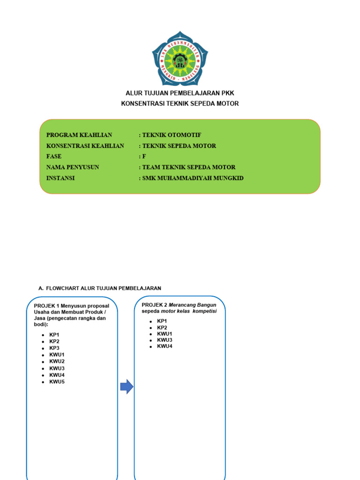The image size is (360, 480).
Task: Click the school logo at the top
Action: tap(180, 59)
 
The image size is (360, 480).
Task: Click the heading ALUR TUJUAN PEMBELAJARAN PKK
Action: tap(180, 93)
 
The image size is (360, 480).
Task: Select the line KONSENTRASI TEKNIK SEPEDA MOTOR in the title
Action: tap(180, 104)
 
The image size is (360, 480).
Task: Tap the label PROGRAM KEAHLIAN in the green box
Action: tap(79, 135)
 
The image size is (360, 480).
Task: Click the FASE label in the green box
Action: tap(54, 157)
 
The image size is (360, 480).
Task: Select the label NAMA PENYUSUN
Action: tap(73, 167)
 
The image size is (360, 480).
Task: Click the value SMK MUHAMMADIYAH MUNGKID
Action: tap(193, 178)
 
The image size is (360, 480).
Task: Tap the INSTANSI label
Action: tap(60, 178)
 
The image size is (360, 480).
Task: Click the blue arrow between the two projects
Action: tap(127, 387)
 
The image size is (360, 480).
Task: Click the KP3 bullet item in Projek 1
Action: tap(54, 348)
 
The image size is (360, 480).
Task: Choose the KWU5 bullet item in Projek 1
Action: tap(57, 382)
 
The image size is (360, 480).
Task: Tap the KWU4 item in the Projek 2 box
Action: tap(165, 346)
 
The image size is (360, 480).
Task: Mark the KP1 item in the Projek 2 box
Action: tap(162, 321)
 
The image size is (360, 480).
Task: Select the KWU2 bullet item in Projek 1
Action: tap(57, 361)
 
